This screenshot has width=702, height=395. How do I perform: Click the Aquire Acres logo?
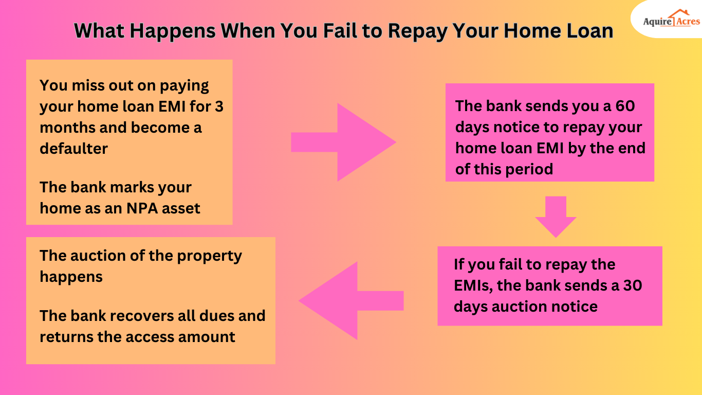tap(671, 21)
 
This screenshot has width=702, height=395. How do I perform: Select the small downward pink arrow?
tap(556, 217)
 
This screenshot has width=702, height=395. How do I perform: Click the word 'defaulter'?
tap(73, 149)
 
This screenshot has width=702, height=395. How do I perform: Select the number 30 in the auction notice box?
tap(633, 285)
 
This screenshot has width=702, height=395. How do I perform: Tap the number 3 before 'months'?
tap(219, 106)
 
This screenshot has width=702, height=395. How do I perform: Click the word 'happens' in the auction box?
tap(71, 277)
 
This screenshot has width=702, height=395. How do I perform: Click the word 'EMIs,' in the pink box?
tap(472, 285)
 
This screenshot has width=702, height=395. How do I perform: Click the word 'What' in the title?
tap(98, 31)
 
